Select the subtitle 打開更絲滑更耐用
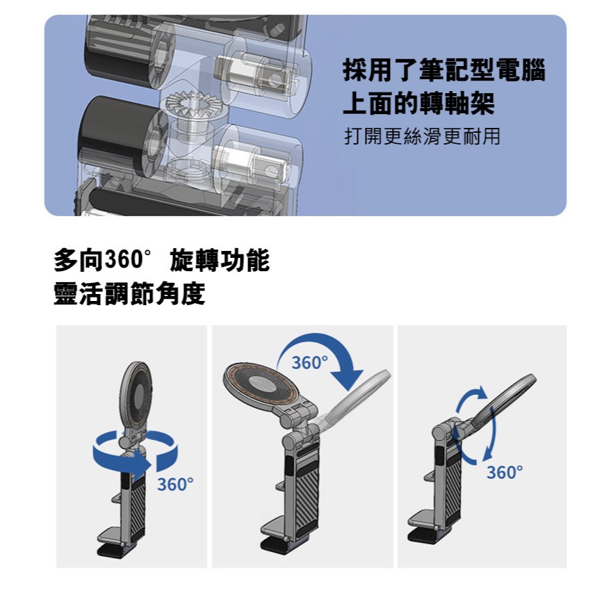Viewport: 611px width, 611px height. coord(422,136)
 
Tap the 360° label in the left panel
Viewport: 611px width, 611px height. coord(175,484)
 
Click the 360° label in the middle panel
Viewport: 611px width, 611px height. coord(309,362)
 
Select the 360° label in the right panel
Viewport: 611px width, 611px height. coord(505,473)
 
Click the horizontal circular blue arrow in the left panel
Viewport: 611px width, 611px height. coord(135,451)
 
